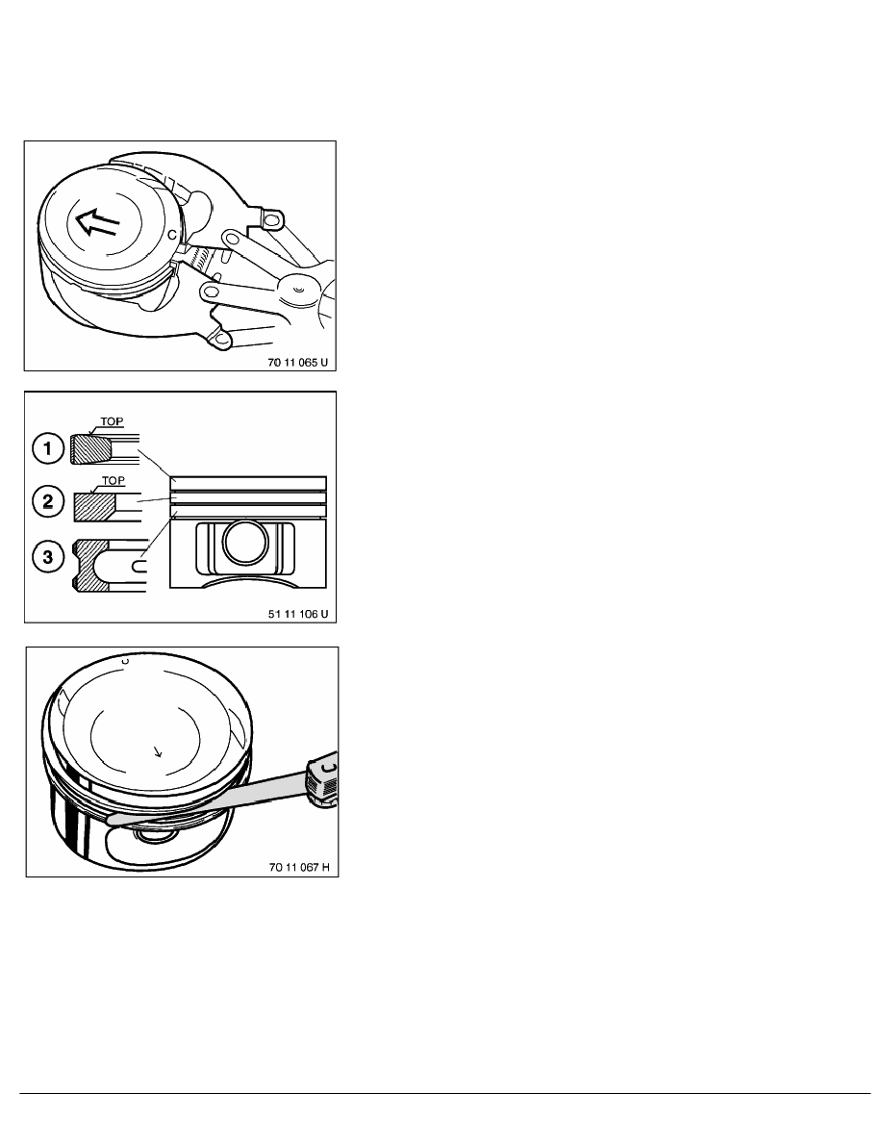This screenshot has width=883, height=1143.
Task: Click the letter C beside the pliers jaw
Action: [x=171, y=233]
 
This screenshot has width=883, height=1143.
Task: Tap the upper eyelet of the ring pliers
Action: [x=272, y=221]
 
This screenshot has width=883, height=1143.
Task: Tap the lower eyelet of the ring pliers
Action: [x=222, y=340]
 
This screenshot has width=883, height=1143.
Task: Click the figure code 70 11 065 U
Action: [x=298, y=364]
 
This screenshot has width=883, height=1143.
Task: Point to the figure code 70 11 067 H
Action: [x=298, y=867]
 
